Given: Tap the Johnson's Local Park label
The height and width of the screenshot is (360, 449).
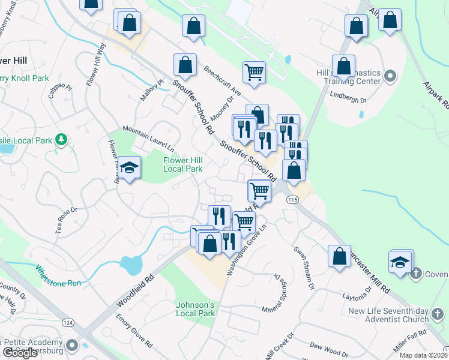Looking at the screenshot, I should pyautogui.click(x=195, y=309).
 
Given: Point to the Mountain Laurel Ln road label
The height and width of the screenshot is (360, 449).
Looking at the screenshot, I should pyautogui.click(x=148, y=137).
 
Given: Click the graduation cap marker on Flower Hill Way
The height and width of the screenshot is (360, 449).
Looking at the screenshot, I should pyautogui.click(x=129, y=169).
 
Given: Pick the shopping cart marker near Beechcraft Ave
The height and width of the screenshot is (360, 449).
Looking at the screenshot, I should pyautogui.click(x=255, y=72).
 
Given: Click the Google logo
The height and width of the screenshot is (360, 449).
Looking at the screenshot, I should pyautogui.click(x=19, y=353).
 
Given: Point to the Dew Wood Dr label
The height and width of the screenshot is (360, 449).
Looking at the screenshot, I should pyautogui.click(x=329, y=347).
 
